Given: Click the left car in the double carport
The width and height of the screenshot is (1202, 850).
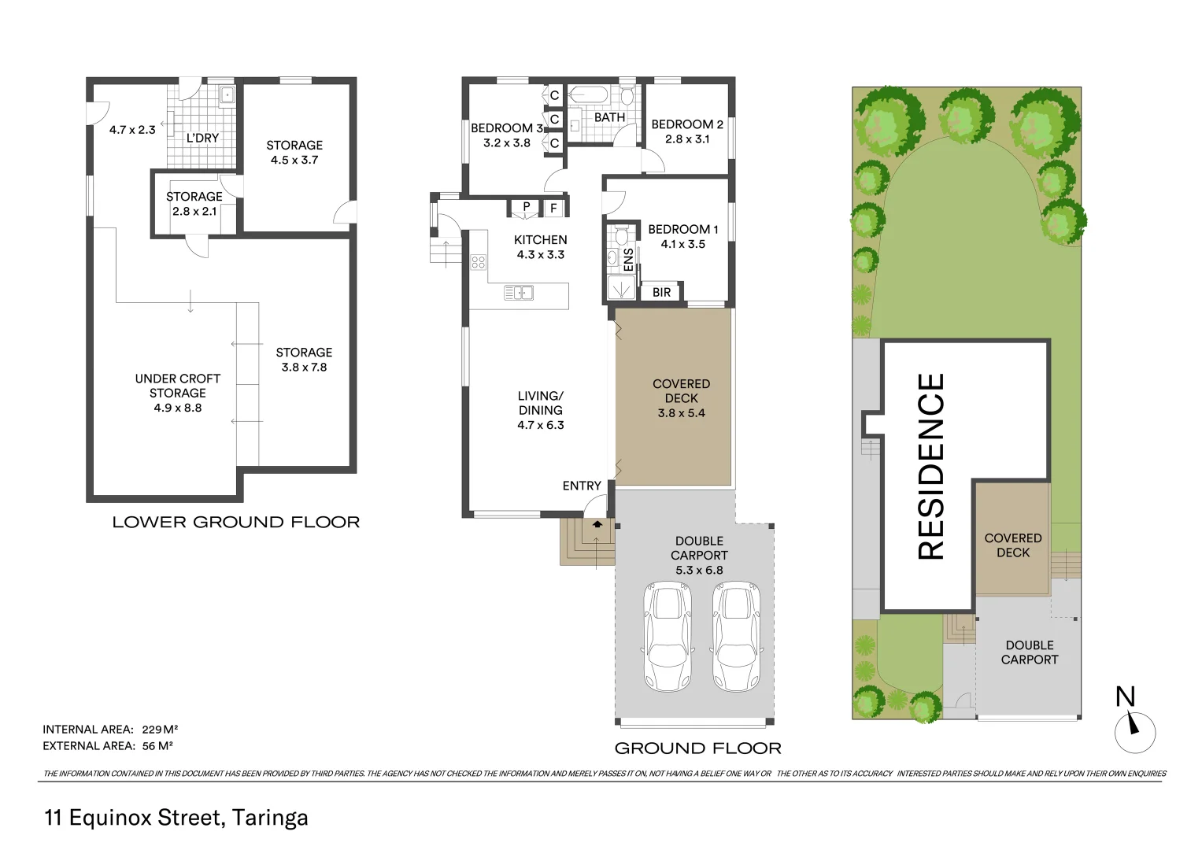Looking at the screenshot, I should pyautogui.click(x=668, y=636).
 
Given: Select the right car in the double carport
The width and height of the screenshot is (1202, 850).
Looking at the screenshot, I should pyautogui.click(x=738, y=636).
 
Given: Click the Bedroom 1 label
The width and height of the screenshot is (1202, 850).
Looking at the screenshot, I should pyautogui.click(x=682, y=229).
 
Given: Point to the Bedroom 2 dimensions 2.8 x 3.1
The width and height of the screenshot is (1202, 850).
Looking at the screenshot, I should pyautogui.click(x=686, y=139).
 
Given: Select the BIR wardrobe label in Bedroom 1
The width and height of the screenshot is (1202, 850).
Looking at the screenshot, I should pyautogui.click(x=661, y=292).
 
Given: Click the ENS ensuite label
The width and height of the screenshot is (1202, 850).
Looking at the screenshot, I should pyautogui.click(x=628, y=260).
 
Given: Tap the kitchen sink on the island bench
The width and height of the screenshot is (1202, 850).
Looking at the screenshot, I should pyautogui.click(x=519, y=294).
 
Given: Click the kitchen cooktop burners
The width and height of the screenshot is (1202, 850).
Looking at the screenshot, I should pyautogui.click(x=478, y=262).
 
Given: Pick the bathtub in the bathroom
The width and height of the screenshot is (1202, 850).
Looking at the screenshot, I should pyautogui.click(x=588, y=96).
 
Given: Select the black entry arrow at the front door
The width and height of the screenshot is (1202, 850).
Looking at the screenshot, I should pyautogui.click(x=597, y=523).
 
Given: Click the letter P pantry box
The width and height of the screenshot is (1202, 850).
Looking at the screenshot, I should pyautogui.click(x=526, y=208).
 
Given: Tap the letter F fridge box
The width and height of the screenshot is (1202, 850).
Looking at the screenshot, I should pyautogui.click(x=553, y=208).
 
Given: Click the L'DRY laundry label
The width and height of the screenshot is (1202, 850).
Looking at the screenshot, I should pyautogui.click(x=202, y=138).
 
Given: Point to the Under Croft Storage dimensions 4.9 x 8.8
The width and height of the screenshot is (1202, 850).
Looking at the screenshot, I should pyautogui.click(x=178, y=408).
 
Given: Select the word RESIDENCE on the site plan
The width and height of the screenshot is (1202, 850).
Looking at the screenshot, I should pyautogui.click(x=931, y=467).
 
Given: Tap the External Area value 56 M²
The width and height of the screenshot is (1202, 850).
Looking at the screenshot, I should pyautogui.click(x=157, y=746).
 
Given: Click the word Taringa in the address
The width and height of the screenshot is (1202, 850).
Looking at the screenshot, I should pyautogui.click(x=271, y=818).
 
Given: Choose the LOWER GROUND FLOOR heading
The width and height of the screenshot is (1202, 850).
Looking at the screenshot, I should pyautogui.click(x=236, y=522).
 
